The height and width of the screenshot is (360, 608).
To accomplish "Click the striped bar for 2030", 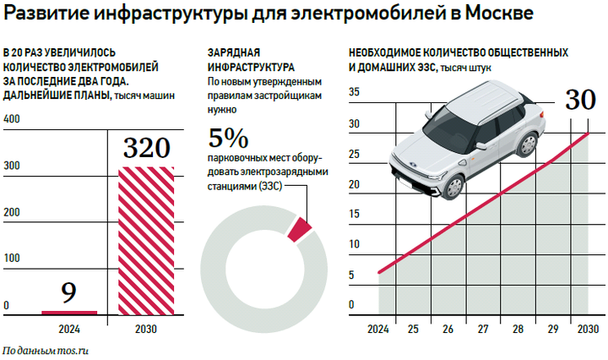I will (145, 241).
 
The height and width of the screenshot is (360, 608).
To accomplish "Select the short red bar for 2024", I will (69, 312).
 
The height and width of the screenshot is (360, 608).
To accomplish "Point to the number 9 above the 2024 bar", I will (69, 293).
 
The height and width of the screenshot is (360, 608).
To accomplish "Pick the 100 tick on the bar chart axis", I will (12, 257).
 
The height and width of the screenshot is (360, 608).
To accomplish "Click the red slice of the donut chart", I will (300, 230).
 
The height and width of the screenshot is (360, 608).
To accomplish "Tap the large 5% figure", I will (228, 137).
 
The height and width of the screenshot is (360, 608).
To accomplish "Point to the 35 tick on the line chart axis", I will (354, 93).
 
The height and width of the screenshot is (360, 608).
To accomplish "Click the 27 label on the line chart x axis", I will (483, 329).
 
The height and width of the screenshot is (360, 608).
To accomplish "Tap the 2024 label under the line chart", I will (377, 329).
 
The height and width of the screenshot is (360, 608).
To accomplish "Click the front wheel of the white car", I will (454, 188).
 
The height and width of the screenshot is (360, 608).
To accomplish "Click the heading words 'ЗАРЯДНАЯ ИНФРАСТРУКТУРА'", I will (251, 58).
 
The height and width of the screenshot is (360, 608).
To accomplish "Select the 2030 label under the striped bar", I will (145, 329).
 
